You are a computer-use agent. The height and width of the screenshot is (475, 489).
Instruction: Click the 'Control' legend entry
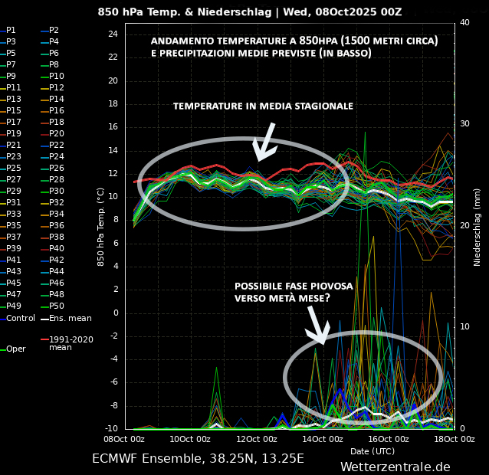click(20, 318)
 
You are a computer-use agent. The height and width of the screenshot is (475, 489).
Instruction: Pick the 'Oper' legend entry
click(15, 349)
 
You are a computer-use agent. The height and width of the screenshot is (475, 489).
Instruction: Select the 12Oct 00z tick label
click(256, 439)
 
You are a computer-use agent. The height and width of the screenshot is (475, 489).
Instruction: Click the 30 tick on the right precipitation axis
click(465, 124)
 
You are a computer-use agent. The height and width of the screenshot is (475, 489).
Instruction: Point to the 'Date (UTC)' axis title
click(372, 451)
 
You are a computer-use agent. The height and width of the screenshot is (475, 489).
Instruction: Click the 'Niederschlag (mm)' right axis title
click(478, 227)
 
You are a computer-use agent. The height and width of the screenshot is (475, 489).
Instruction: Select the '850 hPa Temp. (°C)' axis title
click(100, 227)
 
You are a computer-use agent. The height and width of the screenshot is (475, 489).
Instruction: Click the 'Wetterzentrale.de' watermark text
click(395, 467)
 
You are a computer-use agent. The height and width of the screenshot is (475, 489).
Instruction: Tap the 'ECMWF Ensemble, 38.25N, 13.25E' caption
click(198, 459)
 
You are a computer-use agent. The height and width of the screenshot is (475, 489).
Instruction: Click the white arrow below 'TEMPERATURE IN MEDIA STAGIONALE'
click(264, 142)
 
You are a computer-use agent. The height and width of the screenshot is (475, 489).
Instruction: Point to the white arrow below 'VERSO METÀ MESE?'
click(317, 326)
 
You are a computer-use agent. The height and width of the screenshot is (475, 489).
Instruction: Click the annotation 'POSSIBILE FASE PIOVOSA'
click(294, 287)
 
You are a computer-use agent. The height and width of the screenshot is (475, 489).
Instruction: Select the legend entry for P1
click(11, 30)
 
